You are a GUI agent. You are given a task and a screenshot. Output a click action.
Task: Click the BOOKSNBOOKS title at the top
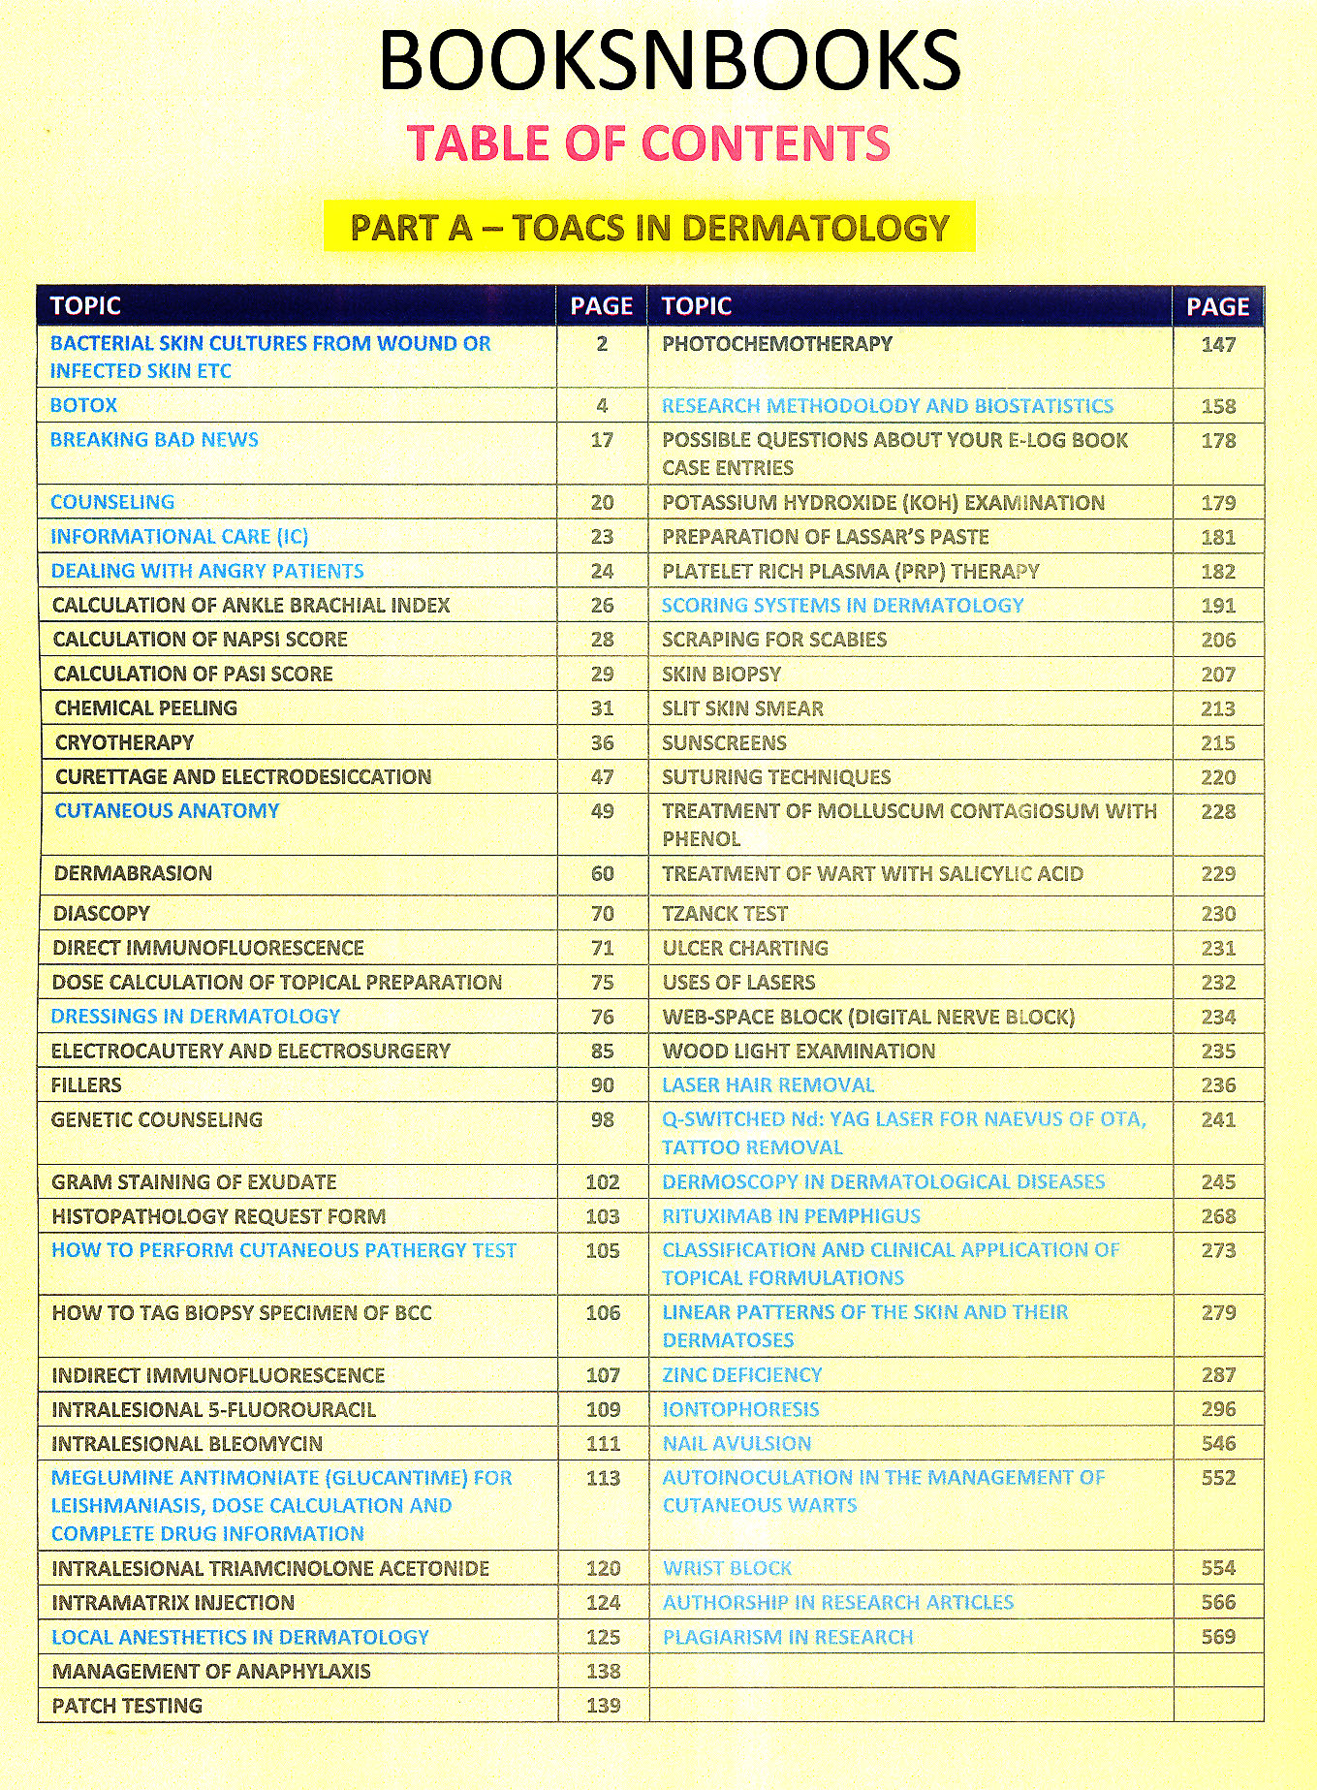669,60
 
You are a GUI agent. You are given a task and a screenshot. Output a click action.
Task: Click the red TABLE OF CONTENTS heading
648,143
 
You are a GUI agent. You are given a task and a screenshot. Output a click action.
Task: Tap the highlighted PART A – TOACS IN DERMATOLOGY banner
649,228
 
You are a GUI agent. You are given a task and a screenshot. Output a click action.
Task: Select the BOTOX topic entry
84,405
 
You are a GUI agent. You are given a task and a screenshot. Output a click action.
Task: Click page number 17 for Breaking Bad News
602,440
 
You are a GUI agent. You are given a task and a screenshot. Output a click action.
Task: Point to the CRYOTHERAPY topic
125,742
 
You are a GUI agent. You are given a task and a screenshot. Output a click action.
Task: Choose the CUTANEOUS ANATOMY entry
167,811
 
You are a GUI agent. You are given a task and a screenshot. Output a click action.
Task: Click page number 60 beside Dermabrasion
602,873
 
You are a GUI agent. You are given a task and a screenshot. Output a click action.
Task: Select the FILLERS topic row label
86,1085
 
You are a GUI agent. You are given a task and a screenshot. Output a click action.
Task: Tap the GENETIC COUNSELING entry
157,1119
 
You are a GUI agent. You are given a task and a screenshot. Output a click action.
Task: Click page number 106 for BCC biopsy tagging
602,1313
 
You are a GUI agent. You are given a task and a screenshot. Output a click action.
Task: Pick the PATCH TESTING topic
127,1706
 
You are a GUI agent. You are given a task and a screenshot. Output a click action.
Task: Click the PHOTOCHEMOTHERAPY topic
777,344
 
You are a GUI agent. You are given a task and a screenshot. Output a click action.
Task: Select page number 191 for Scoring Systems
1218,606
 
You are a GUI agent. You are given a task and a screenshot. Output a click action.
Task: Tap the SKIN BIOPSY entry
721,675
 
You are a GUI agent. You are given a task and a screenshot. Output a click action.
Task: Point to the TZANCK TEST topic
725,914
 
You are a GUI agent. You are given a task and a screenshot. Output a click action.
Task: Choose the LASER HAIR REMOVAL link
768,1085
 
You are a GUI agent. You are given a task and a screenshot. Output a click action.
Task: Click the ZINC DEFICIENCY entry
742,1375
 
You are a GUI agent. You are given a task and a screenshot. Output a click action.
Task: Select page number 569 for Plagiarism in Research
1218,1637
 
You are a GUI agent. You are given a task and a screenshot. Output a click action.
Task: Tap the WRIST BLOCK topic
728,1568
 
